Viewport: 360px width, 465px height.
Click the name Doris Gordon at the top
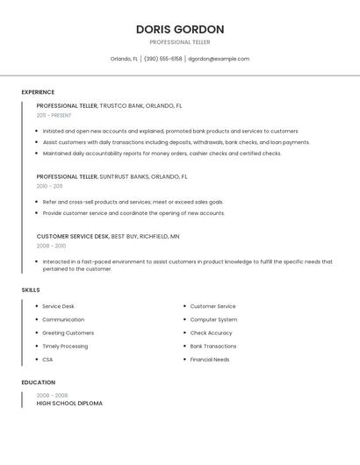point(180,29)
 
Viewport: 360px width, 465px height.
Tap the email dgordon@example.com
point(219,59)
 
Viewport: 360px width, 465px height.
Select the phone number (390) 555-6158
point(163,59)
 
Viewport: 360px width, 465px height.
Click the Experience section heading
point(38,92)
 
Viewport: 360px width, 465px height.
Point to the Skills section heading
point(31,290)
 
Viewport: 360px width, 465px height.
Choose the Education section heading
point(38,383)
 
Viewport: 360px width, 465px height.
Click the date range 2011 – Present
point(54,115)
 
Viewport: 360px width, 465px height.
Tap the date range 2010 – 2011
point(49,186)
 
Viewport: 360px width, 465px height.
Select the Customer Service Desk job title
point(73,236)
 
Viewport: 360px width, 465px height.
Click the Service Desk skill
point(58,306)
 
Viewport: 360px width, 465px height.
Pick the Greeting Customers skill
point(68,333)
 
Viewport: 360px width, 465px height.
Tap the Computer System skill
point(213,319)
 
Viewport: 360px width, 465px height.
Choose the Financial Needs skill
point(209,359)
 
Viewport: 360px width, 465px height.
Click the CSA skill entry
point(47,359)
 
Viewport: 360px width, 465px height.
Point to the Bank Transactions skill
point(212,346)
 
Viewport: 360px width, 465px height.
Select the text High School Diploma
point(69,404)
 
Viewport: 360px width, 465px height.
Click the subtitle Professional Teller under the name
point(180,42)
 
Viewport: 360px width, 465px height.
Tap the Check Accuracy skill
point(211,333)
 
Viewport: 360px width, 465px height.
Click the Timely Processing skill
point(65,346)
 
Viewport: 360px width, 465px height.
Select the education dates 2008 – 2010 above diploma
point(51,395)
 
